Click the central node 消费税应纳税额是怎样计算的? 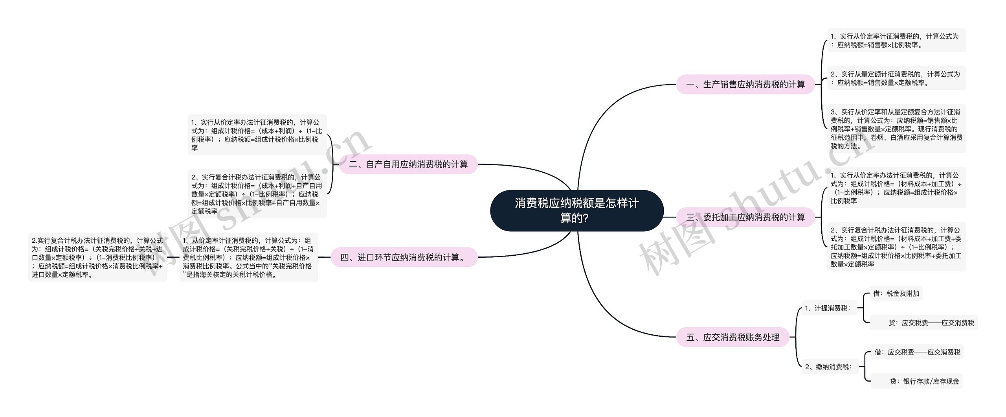click(x=576, y=210)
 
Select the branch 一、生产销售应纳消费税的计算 click(x=745, y=85)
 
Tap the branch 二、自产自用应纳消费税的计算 click(x=408, y=164)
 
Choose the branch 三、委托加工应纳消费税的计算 click(x=745, y=217)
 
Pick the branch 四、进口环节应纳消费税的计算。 click(x=404, y=258)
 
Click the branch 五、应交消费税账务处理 click(x=732, y=337)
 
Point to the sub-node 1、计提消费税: click(x=828, y=308)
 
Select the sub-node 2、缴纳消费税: click(x=828, y=367)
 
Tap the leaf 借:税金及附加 click(x=896, y=293)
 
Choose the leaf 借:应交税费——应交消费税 click(x=917, y=352)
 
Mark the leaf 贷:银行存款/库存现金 click(x=916, y=381)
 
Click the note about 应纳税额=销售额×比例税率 click(x=896, y=41)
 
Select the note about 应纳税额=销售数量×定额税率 click(x=896, y=78)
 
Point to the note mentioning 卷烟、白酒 click(x=896, y=129)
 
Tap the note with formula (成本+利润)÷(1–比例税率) click(x=257, y=135)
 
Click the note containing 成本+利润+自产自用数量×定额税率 click(x=257, y=194)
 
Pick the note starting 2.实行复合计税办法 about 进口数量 click(x=97, y=258)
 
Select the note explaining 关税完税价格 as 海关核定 click(x=248, y=258)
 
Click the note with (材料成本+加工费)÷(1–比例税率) click(x=896, y=188)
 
